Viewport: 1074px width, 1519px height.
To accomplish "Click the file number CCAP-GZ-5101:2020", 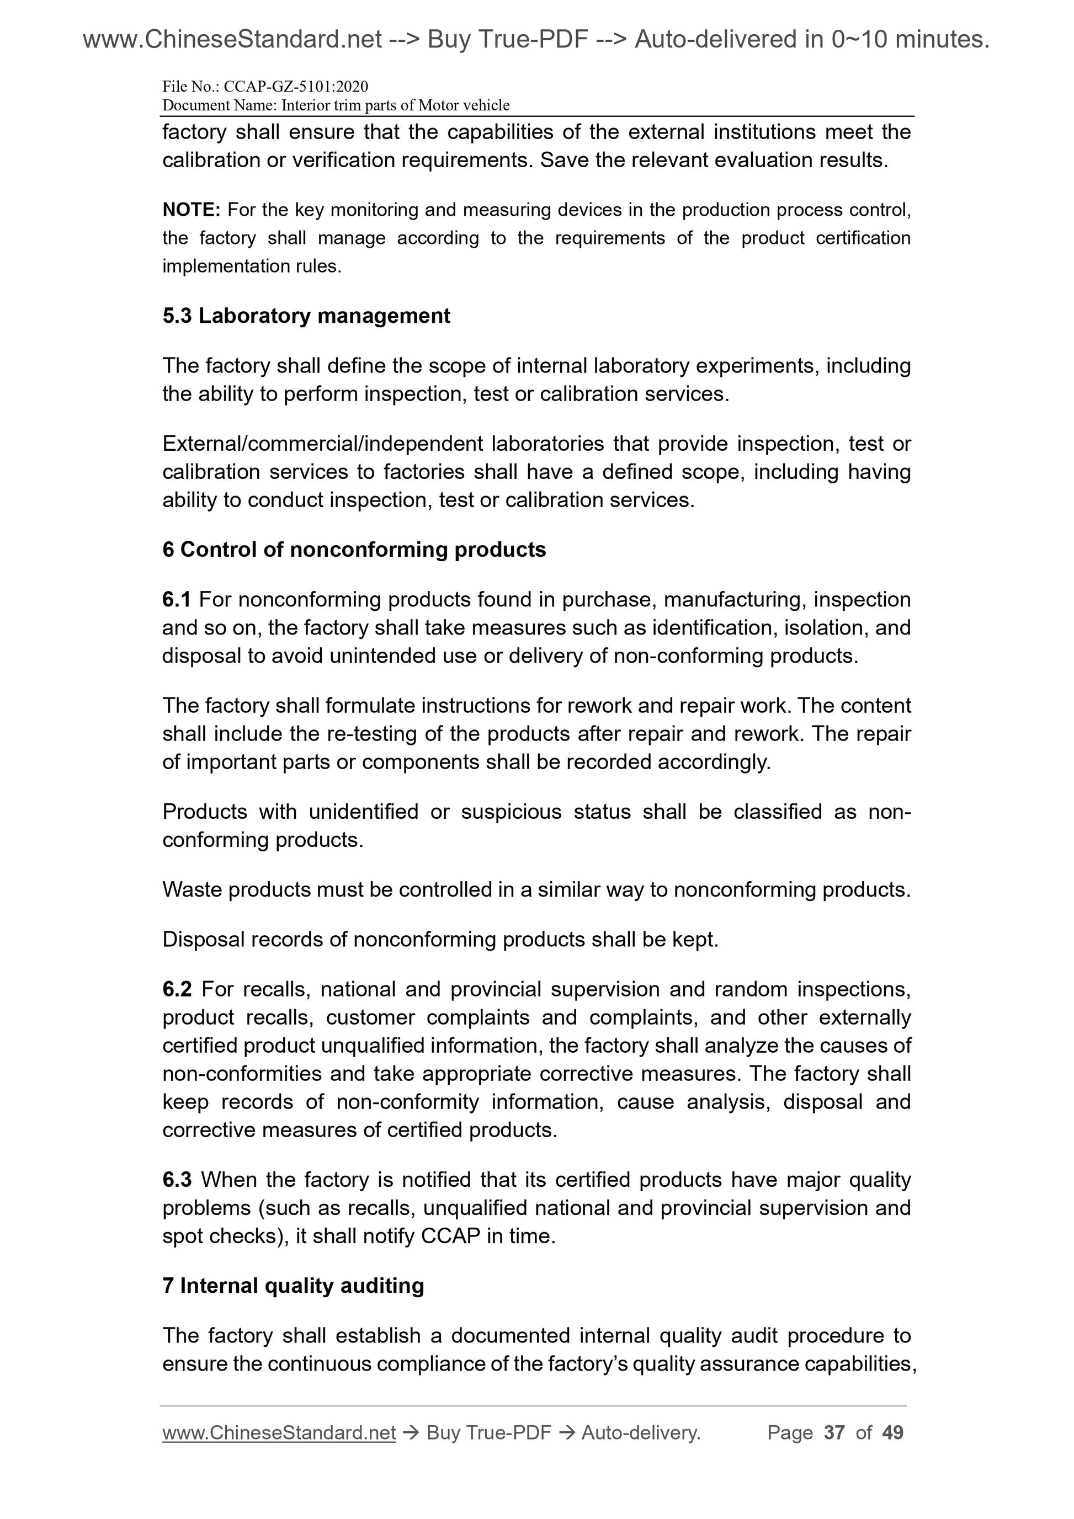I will click(296, 87).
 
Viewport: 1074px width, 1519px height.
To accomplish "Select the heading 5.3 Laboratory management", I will click(306, 316).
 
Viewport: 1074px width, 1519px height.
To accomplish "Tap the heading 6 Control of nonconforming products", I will click(354, 550).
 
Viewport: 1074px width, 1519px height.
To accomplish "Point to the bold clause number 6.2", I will click(177, 990).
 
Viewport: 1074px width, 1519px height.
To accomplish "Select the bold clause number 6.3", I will click(177, 1180).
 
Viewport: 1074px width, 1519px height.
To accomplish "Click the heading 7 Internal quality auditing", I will click(293, 1286).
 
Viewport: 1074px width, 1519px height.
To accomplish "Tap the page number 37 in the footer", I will click(834, 1433).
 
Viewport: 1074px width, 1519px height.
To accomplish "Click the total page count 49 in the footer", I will click(892, 1433).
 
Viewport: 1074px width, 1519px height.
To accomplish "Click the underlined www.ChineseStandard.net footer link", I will click(279, 1433).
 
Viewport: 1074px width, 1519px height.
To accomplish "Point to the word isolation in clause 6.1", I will click(822, 628).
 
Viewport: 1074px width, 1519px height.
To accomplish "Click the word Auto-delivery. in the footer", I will click(641, 1433).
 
